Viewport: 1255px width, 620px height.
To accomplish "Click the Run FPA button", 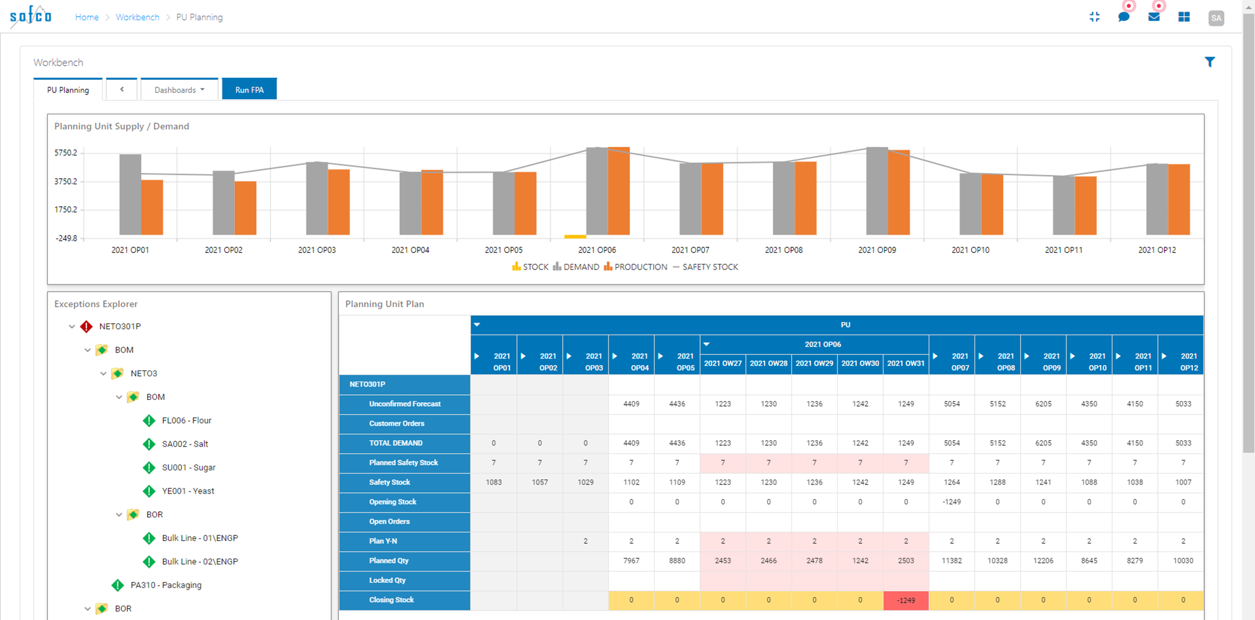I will (x=249, y=89).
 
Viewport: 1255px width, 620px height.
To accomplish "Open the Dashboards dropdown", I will (x=179, y=89).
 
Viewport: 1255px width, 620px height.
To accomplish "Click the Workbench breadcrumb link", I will (x=137, y=17).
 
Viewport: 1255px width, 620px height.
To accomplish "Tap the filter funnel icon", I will (x=1209, y=62).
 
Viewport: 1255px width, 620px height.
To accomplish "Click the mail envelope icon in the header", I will (x=1154, y=17).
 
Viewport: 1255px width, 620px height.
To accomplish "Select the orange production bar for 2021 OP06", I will (x=619, y=191).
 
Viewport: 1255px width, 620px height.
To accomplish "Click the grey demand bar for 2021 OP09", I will (x=877, y=191).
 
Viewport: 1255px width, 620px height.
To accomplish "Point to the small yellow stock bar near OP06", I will (x=575, y=237).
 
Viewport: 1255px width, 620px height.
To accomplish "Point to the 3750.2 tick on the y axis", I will (x=66, y=181).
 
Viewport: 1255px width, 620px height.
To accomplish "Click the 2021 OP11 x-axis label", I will (x=1064, y=250).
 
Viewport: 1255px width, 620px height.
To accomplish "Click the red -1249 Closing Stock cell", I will (x=906, y=600).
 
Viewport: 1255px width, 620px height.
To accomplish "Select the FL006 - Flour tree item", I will (x=186, y=420).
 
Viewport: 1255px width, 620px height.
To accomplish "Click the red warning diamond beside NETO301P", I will (x=86, y=327).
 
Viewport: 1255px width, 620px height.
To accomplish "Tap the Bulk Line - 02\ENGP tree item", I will (x=199, y=561).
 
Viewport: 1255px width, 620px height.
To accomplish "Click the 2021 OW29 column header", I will (x=814, y=363).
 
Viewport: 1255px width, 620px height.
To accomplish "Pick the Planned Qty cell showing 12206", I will (x=1043, y=560).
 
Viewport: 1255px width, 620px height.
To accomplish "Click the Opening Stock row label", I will (x=392, y=502).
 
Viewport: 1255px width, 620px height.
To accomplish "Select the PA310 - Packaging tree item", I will (x=166, y=585).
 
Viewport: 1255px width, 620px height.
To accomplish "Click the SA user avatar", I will (x=1216, y=18).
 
